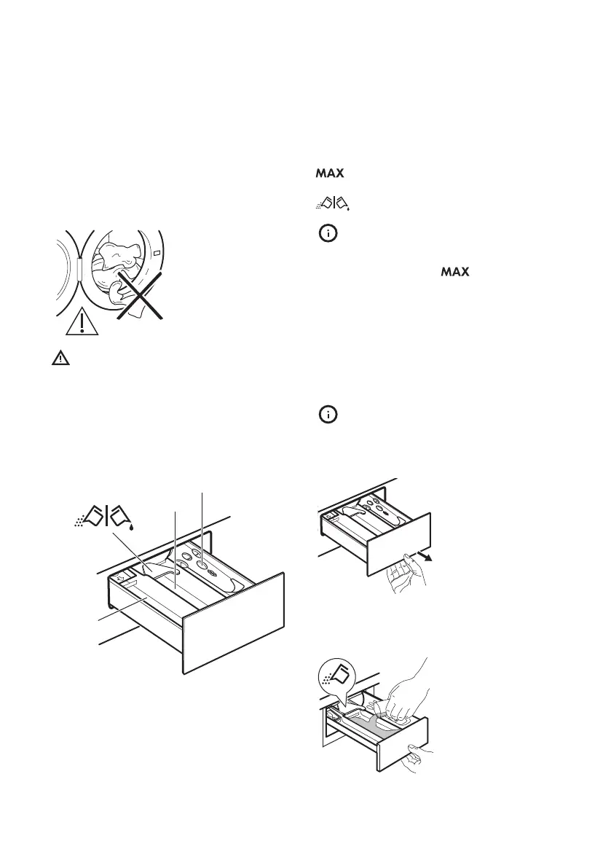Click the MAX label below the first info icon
[x=452, y=273]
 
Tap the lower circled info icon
[x=329, y=415]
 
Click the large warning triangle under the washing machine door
[x=82, y=321]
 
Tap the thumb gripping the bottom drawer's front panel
[x=419, y=759]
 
